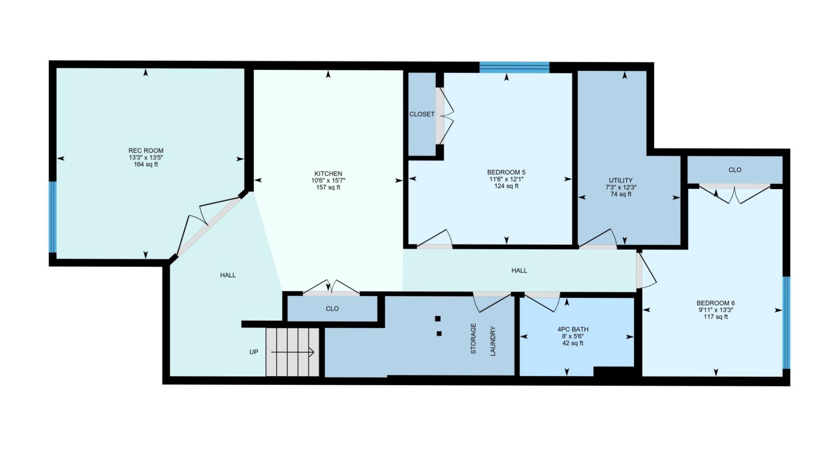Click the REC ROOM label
click(x=146, y=151)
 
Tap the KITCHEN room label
click(x=328, y=174)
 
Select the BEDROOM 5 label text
click(x=506, y=172)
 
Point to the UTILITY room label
click(x=620, y=180)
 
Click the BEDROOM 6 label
click(x=715, y=303)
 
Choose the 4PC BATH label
click(x=572, y=329)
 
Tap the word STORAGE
click(x=473, y=339)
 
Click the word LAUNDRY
click(x=493, y=341)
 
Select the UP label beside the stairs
click(x=254, y=352)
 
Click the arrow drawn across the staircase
click(x=293, y=352)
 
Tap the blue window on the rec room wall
click(x=53, y=217)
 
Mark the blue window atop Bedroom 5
click(x=514, y=67)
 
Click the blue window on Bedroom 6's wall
click(x=786, y=323)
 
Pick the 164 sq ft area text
click(x=146, y=164)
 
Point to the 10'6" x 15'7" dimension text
click(x=328, y=180)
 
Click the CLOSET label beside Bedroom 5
click(x=422, y=114)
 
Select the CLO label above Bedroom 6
click(x=735, y=170)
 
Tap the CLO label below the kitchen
click(x=332, y=309)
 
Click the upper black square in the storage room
click(x=438, y=318)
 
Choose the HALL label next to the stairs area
click(x=228, y=275)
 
